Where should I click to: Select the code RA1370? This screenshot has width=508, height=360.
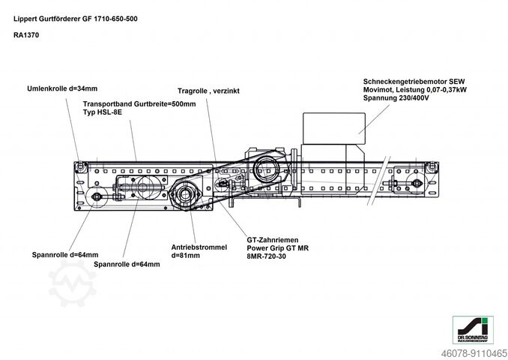click(x=27, y=34)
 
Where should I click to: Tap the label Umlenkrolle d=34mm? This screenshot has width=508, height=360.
click(x=62, y=88)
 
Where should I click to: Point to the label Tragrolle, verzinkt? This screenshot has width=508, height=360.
click(x=208, y=90)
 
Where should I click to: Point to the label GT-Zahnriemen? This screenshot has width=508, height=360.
click(x=273, y=239)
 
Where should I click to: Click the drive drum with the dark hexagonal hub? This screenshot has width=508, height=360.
click(x=184, y=197)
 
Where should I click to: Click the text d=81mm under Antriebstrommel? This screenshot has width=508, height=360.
click(x=186, y=255)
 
